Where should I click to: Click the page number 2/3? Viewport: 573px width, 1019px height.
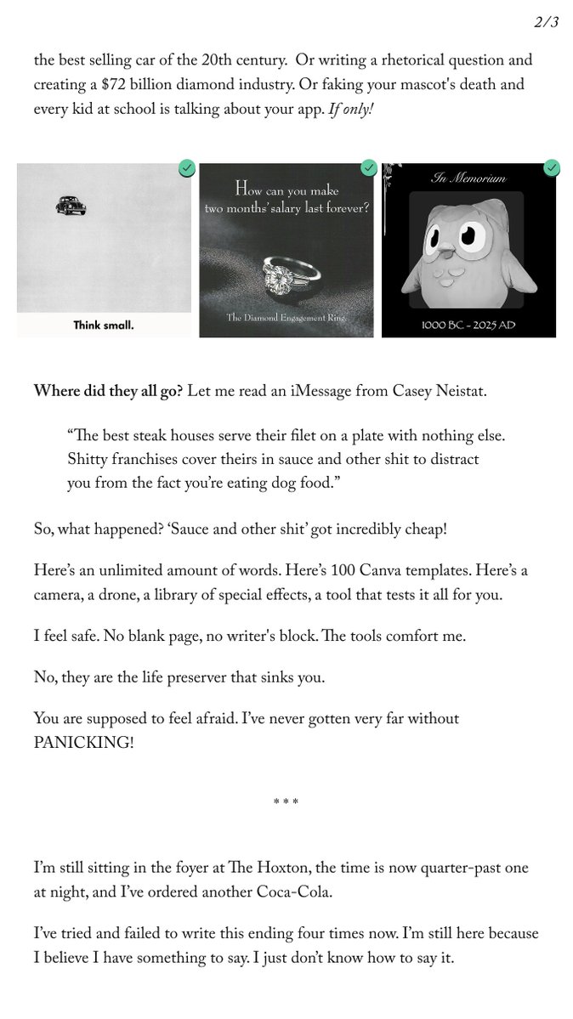[546, 23]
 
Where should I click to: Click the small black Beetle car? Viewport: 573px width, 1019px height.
[67, 204]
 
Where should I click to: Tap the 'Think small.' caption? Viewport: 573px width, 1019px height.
[103, 325]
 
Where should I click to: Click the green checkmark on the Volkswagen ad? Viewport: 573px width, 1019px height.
[187, 168]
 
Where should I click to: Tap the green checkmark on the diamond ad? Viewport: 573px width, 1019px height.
[369, 168]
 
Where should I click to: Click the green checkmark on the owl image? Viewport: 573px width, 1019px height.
[552, 168]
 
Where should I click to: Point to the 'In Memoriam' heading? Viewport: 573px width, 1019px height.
[468, 178]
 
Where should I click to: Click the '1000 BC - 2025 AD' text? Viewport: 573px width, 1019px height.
[468, 324]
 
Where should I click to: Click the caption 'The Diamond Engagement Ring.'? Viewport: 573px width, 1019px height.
[286, 318]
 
